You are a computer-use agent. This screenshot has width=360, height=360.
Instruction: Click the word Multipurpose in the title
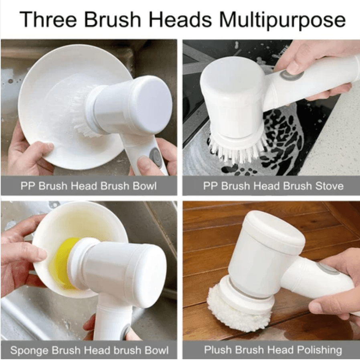pyautogui.click(x=282, y=20)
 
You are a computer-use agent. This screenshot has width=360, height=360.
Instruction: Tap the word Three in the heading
pyautogui.click(x=48, y=19)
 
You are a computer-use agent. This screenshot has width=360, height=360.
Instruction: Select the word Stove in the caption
pyautogui.click(x=329, y=186)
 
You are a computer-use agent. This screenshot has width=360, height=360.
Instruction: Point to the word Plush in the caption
pyautogui.click(x=218, y=350)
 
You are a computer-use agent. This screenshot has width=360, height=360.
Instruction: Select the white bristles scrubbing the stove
pyautogui.click(x=237, y=151)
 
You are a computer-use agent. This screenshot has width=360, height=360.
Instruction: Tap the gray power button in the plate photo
pyautogui.click(x=155, y=155)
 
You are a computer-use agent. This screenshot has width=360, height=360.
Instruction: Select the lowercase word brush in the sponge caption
pyautogui.click(x=127, y=350)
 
